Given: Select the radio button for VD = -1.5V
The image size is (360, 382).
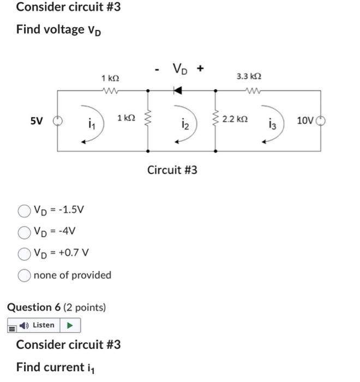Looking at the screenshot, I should tap(23, 211).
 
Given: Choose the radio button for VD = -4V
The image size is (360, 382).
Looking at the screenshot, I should tap(23, 232).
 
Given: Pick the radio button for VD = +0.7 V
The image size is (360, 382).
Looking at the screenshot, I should tap(23, 253).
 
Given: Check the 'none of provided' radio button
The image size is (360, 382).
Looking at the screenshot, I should tap(23, 275).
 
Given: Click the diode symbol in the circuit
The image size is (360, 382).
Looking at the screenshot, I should tap(177, 90).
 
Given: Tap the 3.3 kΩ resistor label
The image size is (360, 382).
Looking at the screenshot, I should tap(249, 77).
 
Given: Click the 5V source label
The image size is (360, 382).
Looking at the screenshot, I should tap(37, 121).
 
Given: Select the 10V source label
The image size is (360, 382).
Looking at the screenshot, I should tap(305, 120).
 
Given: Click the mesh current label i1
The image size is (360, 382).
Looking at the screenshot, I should tap(91, 126).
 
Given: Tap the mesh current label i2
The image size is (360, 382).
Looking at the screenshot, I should tap(185, 127).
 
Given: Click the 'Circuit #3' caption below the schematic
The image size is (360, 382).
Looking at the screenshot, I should tap(172, 170).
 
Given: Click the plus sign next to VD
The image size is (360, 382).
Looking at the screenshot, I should tap(201, 69).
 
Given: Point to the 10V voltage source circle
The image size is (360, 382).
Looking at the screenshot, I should tap(320, 121).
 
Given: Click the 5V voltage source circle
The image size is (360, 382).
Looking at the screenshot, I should tap(57, 121).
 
